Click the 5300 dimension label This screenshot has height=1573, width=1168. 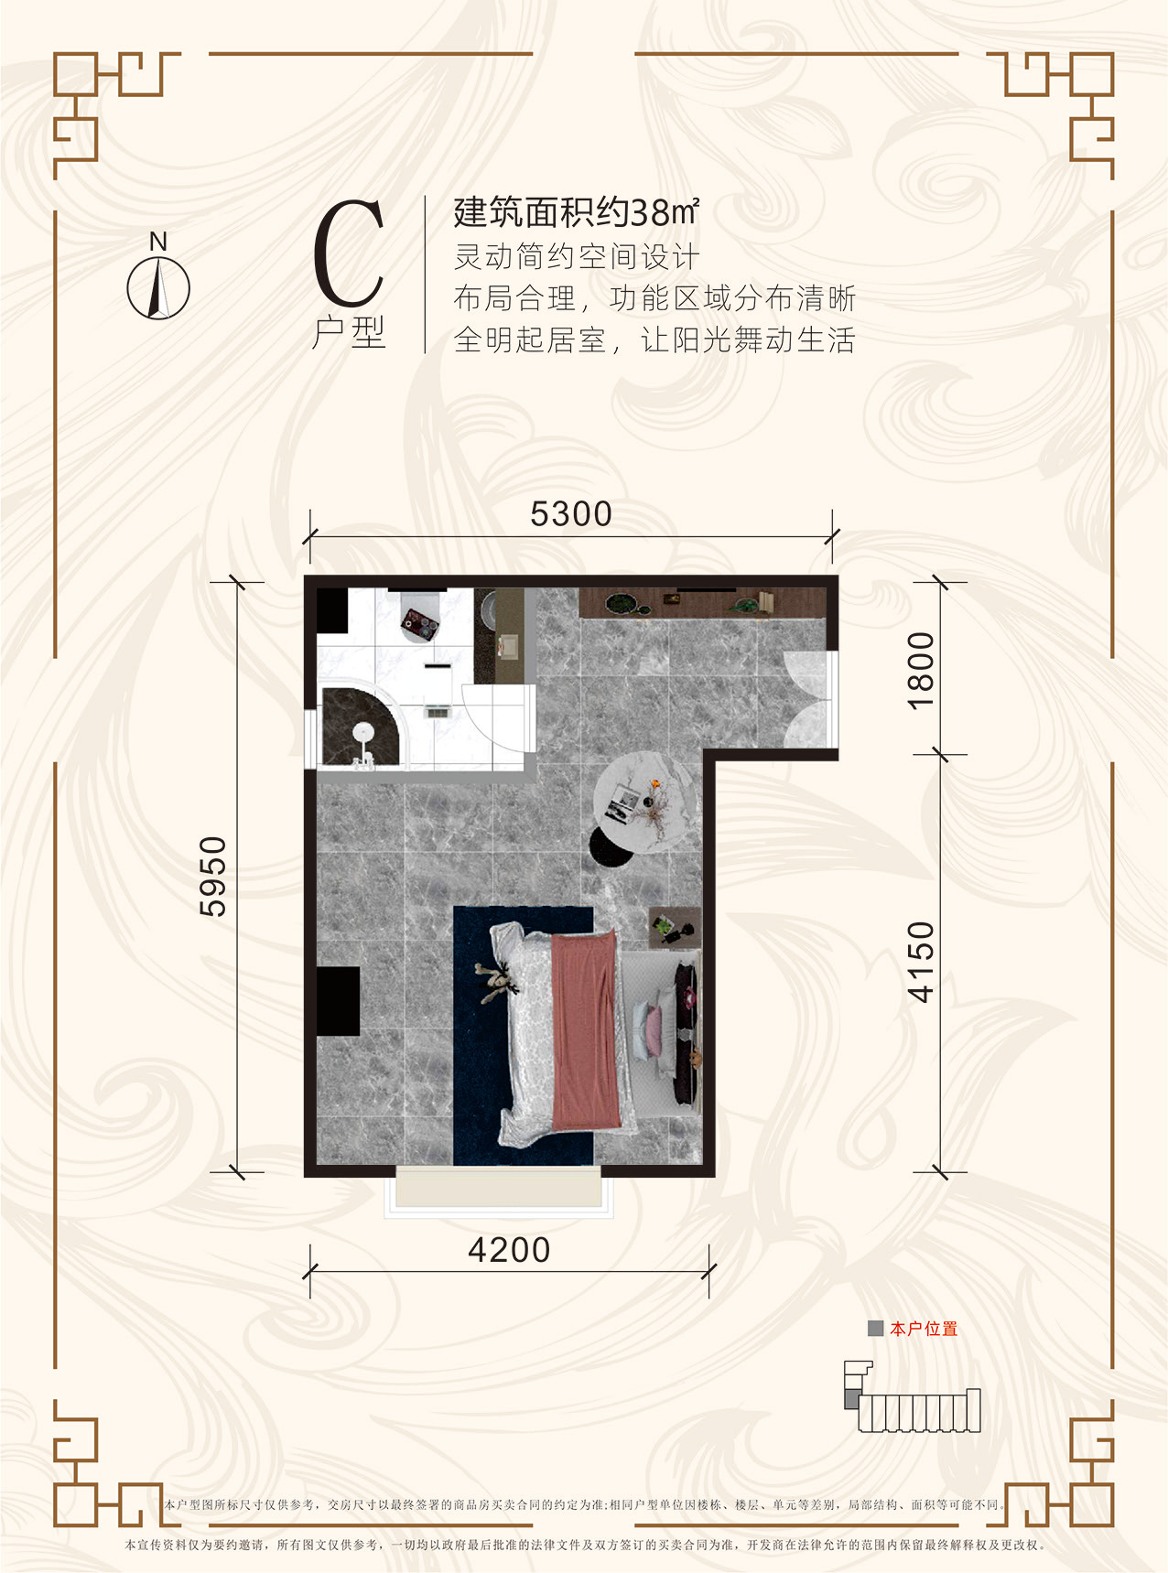tap(571, 514)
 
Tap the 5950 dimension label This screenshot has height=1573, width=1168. tap(212, 876)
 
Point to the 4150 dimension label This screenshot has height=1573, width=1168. tap(921, 962)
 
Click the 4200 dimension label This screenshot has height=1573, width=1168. tap(509, 1250)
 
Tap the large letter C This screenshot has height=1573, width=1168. tap(348, 253)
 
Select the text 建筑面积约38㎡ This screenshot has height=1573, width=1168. tap(577, 212)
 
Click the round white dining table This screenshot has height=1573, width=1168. tap(643, 802)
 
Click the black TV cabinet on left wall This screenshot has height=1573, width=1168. tap(338, 1000)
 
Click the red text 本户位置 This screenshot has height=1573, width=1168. tap(923, 1329)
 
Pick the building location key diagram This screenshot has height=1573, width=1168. tap(912, 1398)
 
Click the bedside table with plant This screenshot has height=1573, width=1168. tap(674, 927)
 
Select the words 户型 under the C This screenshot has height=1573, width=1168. tap(349, 333)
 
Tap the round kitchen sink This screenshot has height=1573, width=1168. tap(486, 607)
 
